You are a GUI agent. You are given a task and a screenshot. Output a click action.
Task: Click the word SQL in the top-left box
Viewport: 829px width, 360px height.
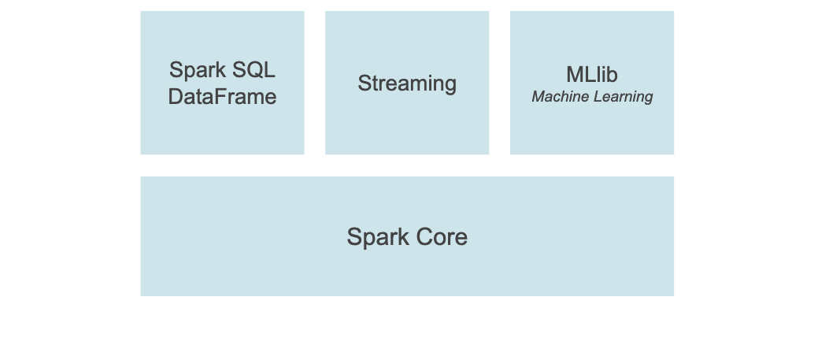[x=252, y=70]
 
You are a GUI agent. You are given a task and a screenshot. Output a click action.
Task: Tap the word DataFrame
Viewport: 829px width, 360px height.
[x=222, y=97]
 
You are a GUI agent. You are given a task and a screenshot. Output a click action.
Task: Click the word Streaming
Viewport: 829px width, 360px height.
[x=407, y=84]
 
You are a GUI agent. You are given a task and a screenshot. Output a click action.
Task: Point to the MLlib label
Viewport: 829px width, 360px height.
[x=591, y=75]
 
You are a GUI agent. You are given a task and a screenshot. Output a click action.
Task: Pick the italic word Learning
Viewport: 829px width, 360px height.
[x=623, y=97]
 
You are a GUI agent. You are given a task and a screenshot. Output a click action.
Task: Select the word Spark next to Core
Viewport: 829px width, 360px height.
[x=376, y=237]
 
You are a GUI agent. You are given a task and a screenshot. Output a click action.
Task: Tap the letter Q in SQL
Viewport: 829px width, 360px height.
[x=253, y=70]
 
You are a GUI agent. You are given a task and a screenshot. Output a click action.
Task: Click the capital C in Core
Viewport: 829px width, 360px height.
[x=424, y=237]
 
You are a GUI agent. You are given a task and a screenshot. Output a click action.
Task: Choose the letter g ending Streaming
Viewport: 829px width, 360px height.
[x=450, y=85]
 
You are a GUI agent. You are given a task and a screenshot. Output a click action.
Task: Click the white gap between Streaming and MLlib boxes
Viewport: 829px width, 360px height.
[x=499, y=83]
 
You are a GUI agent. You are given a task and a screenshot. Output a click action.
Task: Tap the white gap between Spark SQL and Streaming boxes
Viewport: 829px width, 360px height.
[x=314, y=83]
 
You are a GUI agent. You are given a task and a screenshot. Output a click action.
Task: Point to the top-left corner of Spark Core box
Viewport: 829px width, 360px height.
[x=142, y=178]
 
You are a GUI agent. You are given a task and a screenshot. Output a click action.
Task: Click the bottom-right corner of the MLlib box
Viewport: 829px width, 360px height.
[x=672, y=153]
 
